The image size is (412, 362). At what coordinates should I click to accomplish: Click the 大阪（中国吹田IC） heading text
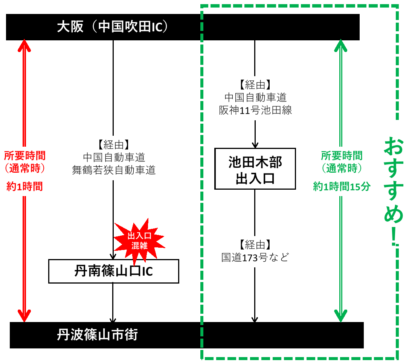112,27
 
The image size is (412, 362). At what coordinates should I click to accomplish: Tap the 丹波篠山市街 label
97,335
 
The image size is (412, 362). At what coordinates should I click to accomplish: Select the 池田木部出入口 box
255,169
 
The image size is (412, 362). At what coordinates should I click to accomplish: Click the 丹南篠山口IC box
113,271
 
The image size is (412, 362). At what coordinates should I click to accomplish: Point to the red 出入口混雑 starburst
139,241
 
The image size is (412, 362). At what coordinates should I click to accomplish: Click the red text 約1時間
24,186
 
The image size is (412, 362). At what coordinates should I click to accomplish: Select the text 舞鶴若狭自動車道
114,170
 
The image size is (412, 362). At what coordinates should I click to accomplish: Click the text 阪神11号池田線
255,110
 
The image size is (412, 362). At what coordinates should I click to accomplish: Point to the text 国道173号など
255,258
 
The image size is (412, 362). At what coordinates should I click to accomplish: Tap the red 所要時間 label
24,155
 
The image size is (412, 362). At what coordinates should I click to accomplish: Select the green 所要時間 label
342,155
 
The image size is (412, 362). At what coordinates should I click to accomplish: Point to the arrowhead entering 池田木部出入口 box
255,144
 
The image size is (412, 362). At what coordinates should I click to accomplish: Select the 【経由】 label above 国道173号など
255,245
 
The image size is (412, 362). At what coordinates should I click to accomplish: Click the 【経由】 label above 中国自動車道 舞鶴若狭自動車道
113,144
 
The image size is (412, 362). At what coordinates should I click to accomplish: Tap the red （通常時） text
24,169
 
